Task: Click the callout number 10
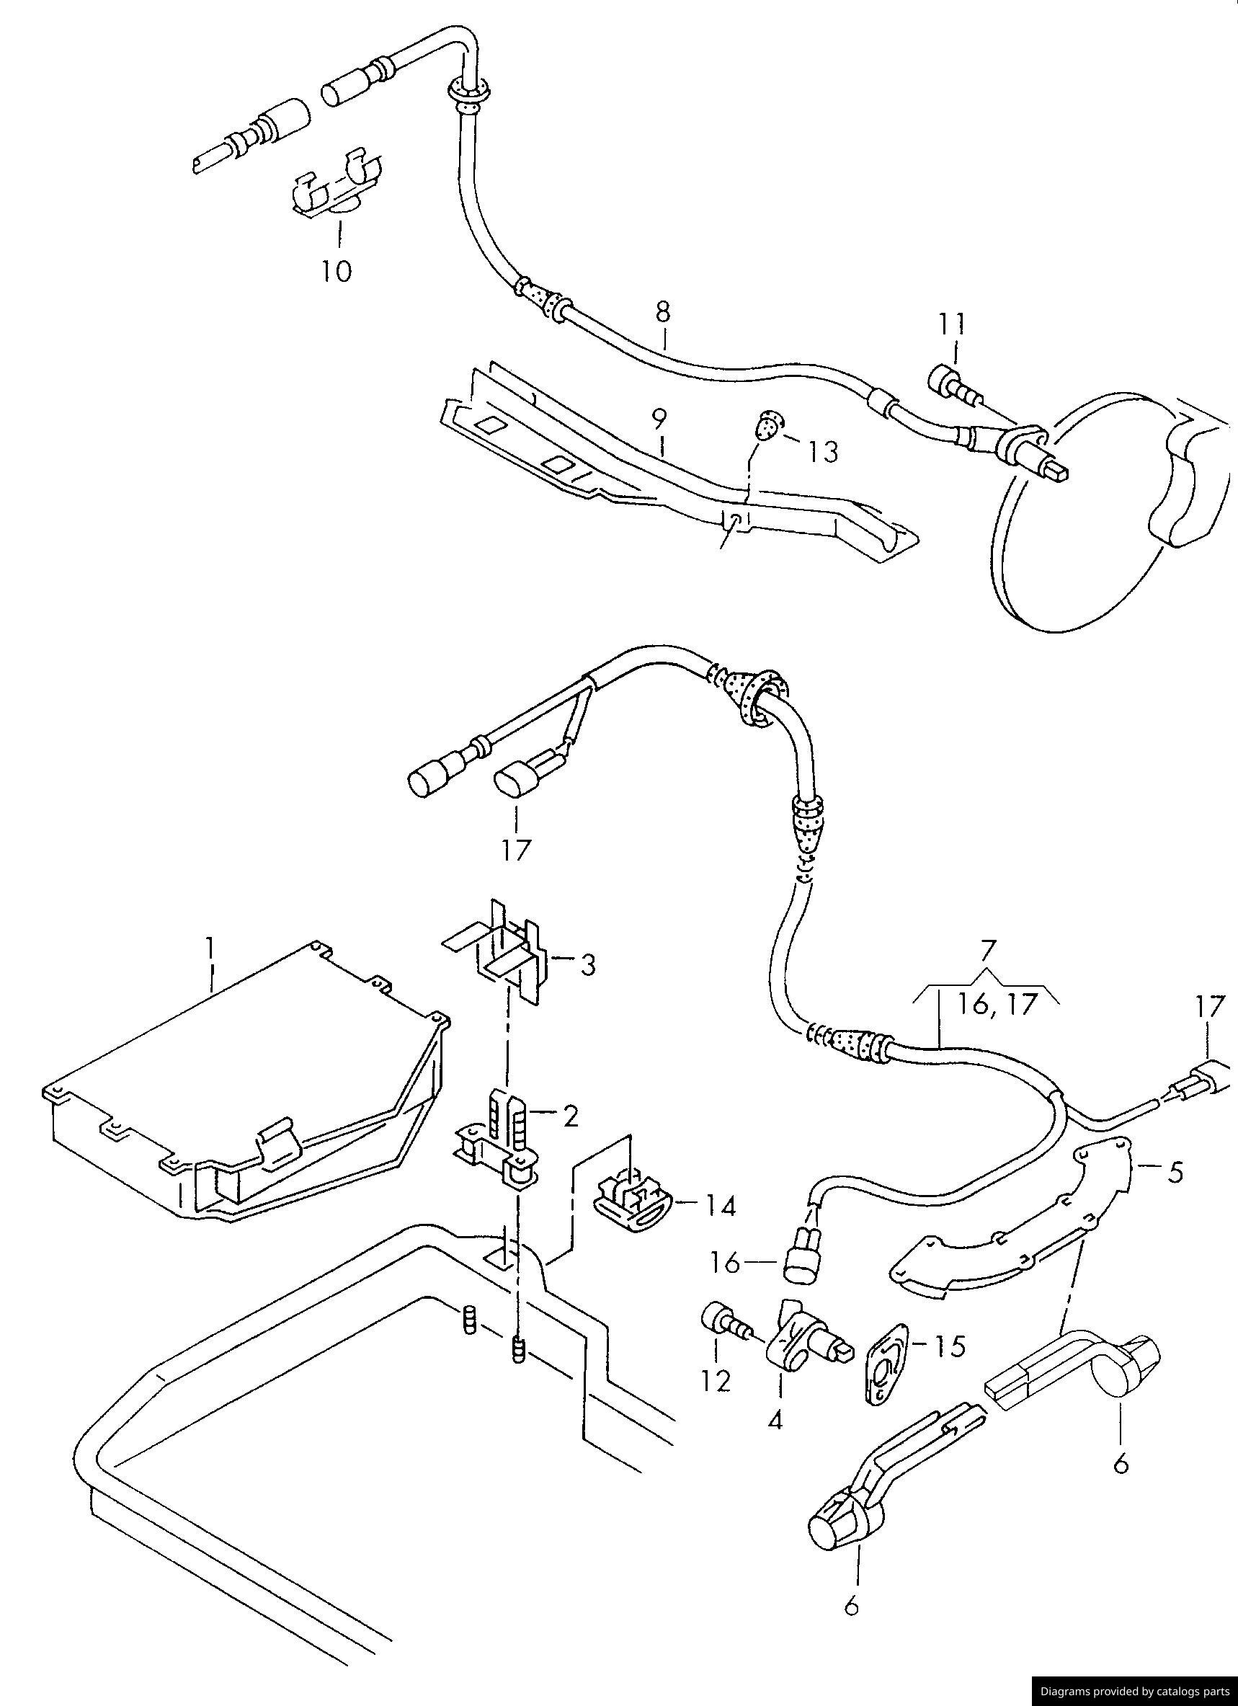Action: (337, 270)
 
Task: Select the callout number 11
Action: (951, 324)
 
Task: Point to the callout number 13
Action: (823, 452)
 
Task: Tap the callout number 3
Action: (586, 964)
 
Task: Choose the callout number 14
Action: (719, 1207)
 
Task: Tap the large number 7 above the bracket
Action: (987, 950)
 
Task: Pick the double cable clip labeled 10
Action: (336, 190)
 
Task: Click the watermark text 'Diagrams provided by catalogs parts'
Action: (1135, 1691)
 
